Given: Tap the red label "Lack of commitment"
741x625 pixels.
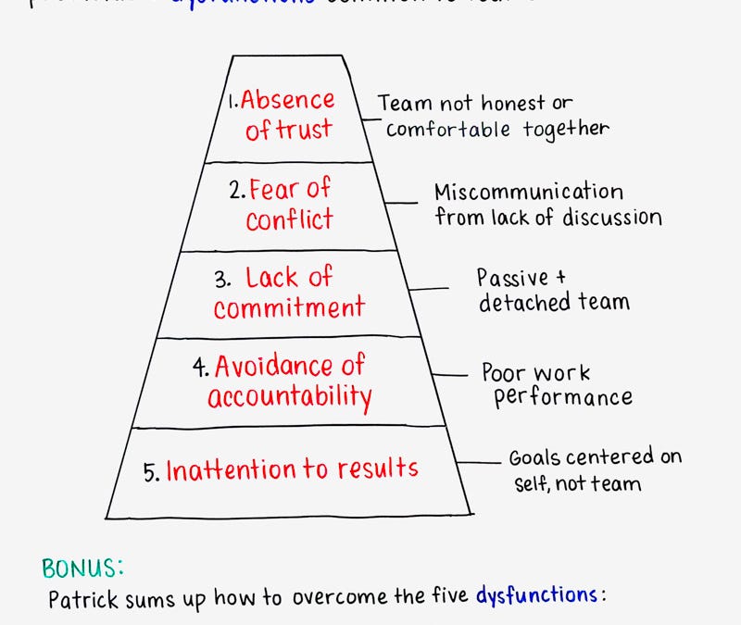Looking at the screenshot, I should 289,292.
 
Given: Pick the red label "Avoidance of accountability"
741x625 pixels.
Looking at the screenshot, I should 290,381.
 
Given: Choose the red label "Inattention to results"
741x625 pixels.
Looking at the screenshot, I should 292,469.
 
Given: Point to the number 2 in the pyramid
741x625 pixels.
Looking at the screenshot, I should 234,192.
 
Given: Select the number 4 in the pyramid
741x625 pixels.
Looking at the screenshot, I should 200,368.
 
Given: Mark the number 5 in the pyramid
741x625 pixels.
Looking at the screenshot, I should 151,470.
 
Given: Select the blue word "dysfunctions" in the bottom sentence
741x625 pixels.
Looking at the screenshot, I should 536,595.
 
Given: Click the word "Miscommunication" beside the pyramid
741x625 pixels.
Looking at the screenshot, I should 529,193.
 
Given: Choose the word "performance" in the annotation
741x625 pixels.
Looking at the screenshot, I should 564,397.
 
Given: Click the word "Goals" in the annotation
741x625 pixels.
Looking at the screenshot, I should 534,457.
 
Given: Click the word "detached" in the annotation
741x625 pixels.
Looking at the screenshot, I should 523,302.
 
